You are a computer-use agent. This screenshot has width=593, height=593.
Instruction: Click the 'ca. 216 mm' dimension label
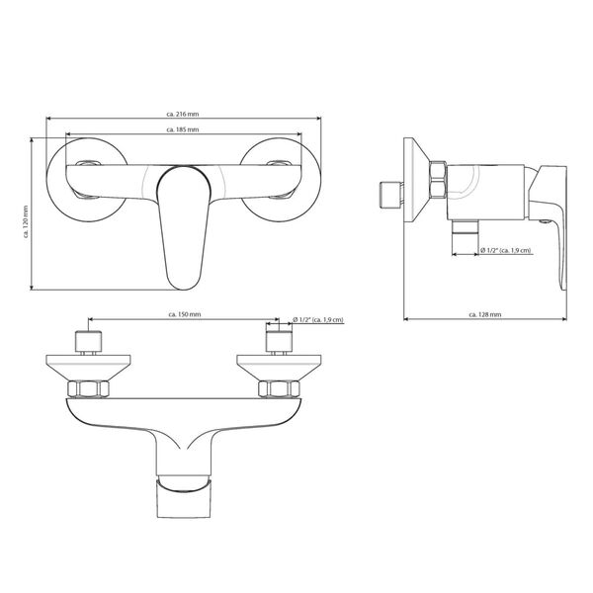point(183,114)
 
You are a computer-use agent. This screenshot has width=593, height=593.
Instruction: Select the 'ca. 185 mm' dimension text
point(183,129)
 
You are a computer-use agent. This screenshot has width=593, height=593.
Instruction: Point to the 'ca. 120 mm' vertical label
point(26,221)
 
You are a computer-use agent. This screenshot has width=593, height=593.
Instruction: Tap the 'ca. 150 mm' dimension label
point(184,314)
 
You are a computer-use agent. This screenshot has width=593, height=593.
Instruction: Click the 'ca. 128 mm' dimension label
point(485,314)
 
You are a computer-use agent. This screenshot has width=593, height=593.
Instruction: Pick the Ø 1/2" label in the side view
point(506,250)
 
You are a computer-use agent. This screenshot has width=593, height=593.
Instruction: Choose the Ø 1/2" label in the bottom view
point(318,320)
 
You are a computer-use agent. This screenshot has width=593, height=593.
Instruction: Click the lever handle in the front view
point(184,228)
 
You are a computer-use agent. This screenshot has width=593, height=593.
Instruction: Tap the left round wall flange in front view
point(87,180)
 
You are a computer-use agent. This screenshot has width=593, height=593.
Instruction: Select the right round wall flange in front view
point(281,180)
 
